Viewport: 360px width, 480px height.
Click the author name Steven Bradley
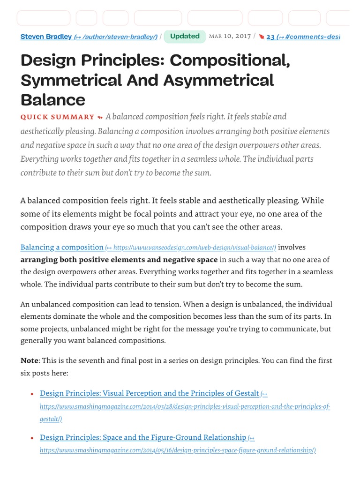click(x=46, y=37)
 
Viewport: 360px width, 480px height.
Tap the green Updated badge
click(x=185, y=37)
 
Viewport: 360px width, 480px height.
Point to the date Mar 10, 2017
click(x=230, y=37)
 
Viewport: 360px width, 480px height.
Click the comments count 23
click(x=270, y=37)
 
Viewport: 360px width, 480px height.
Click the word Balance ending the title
click(x=52, y=100)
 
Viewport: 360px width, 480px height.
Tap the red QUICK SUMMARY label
click(x=57, y=117)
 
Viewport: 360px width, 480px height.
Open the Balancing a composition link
click(x=62, y=247)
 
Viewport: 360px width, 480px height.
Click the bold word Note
click(x=30, y=360)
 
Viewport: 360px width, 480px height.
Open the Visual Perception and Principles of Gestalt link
click(x=149, y=393)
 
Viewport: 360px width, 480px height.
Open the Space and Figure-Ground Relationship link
click(x=142, y=437)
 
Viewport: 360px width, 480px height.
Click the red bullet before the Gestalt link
click(x=31, y=394)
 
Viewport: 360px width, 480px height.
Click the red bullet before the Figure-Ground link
click(x=31, y=438)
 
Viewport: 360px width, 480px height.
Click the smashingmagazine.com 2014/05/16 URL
click(x=178, y=450)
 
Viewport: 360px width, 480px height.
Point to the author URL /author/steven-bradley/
click(x=116, y=37)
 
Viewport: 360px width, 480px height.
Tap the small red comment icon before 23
click(x=262, y=37)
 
